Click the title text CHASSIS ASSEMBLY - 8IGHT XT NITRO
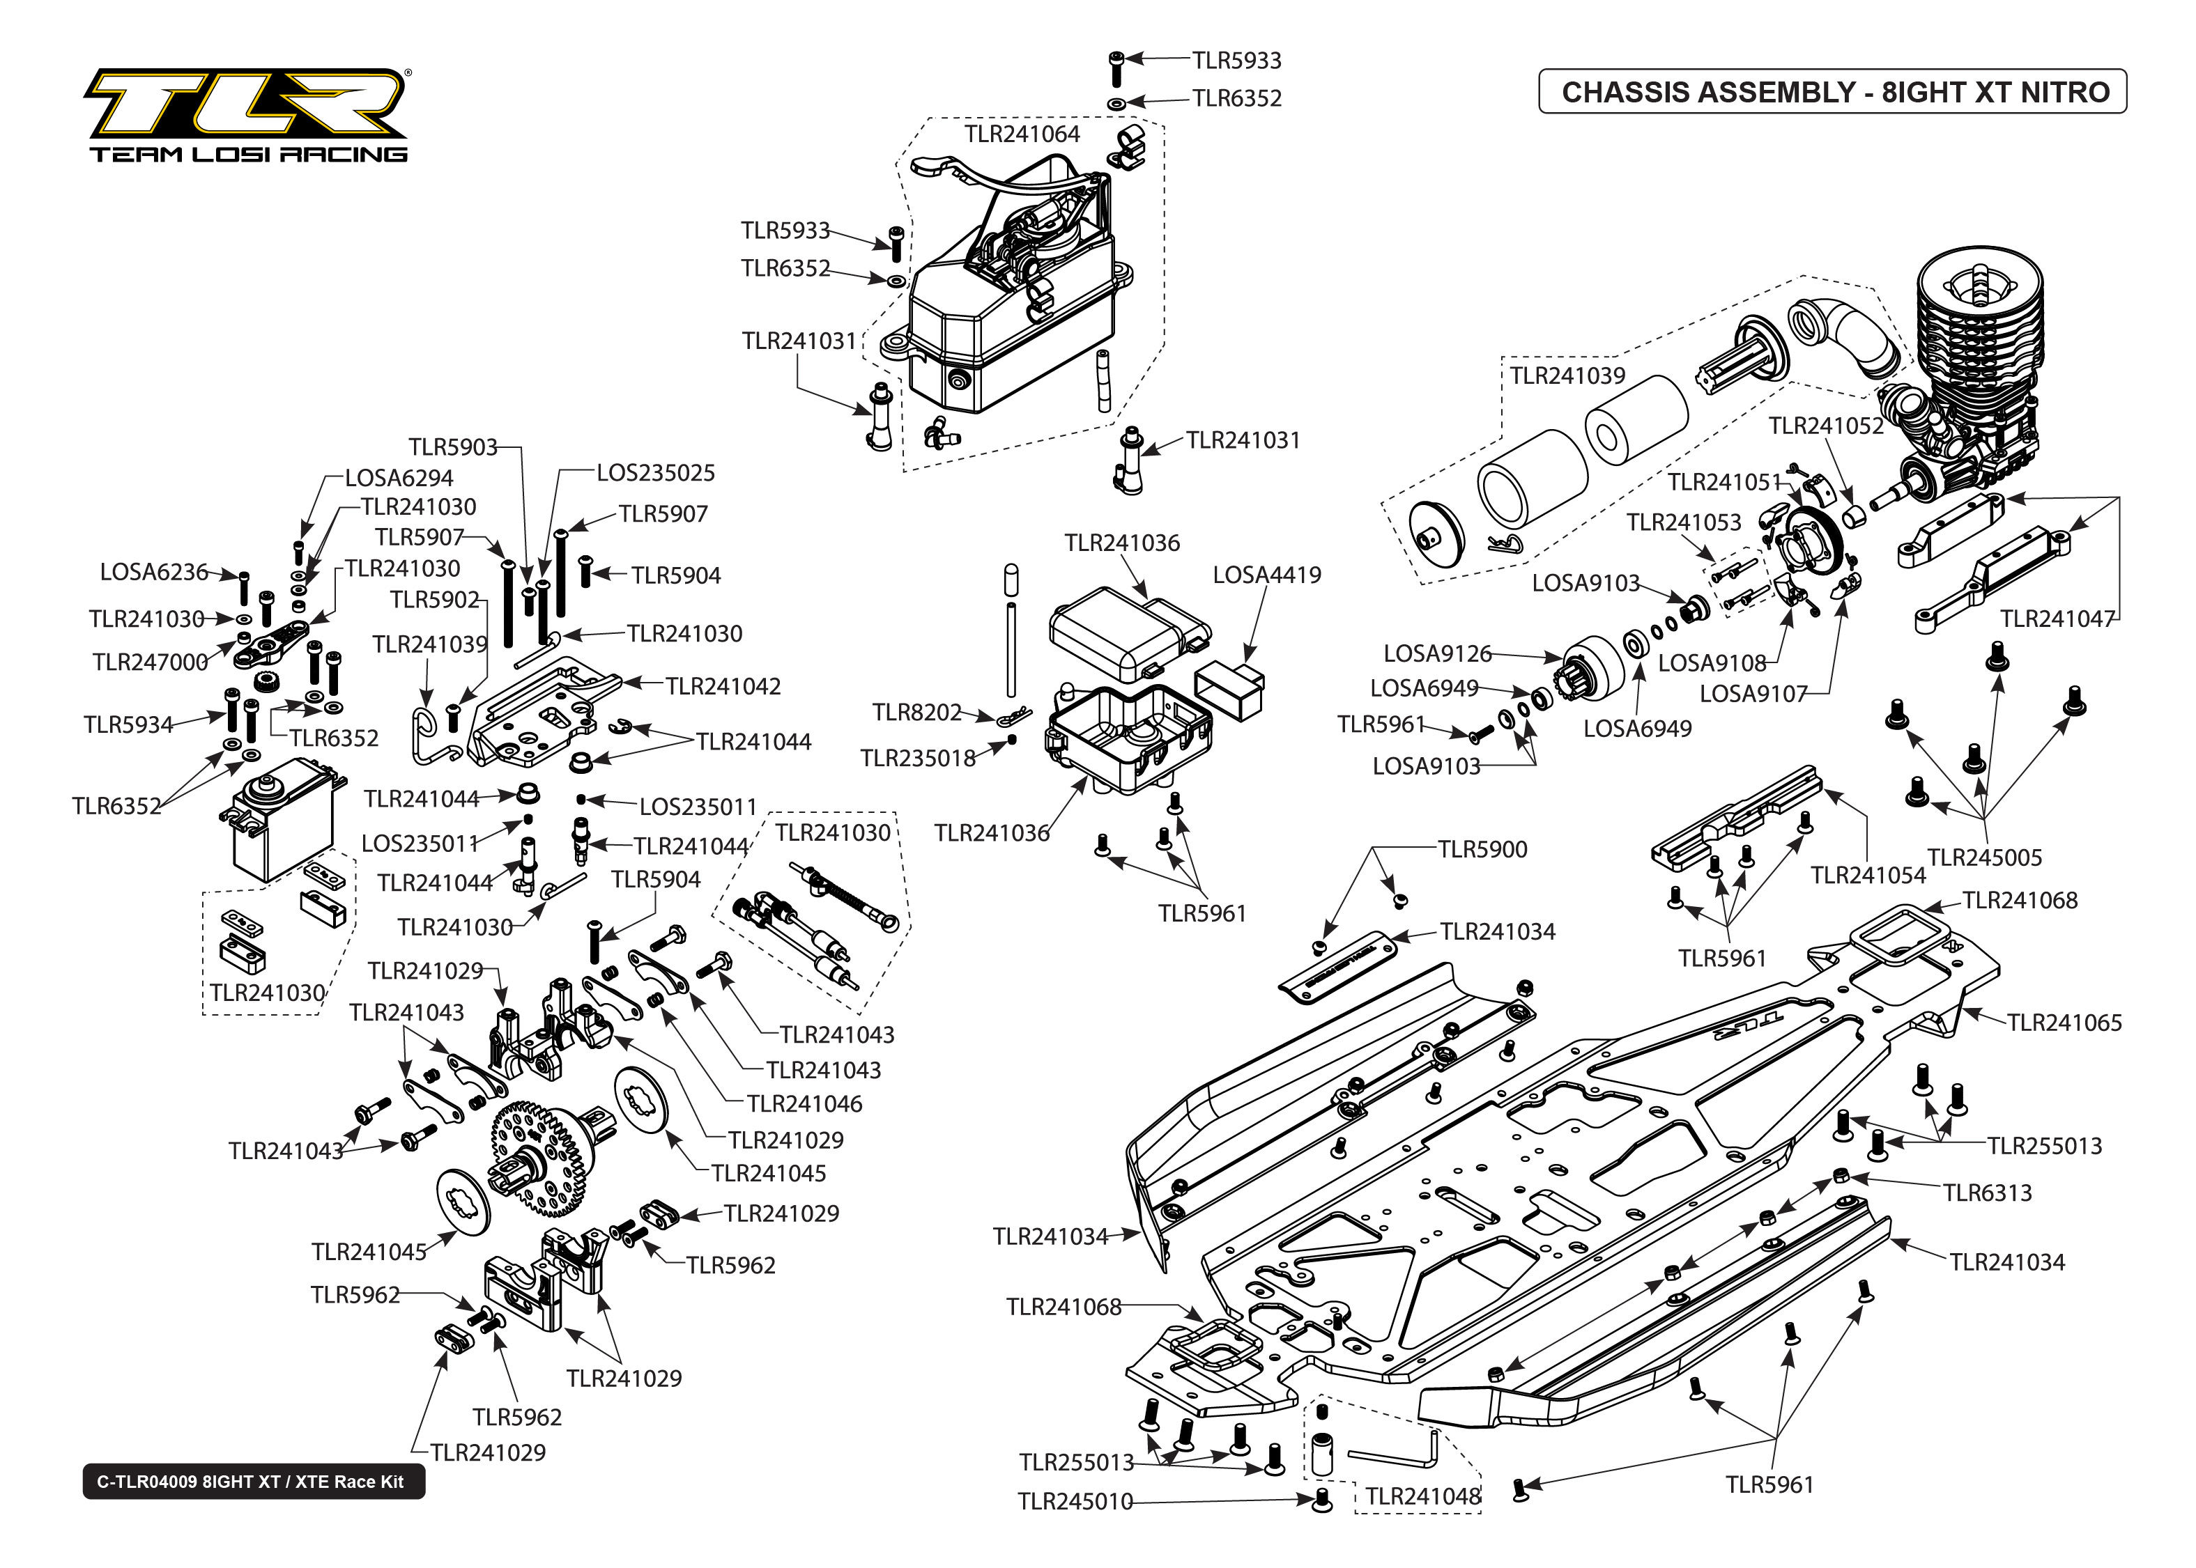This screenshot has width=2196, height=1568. point(1835,93)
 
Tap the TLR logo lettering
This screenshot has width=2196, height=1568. point(246,104)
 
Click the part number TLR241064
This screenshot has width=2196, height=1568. point(1022,134)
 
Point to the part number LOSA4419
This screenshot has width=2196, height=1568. point(1266,575)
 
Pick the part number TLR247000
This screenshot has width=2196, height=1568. point(151,662)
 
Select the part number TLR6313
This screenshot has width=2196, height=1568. point(1988,1193)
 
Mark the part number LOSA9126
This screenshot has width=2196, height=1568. point(1437,653)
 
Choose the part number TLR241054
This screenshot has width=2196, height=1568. point(1868,876)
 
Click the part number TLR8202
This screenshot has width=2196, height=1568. point(916,713)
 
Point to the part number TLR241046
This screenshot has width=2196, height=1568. point(804,1103)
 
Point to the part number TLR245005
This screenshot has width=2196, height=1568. point(1985,857)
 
